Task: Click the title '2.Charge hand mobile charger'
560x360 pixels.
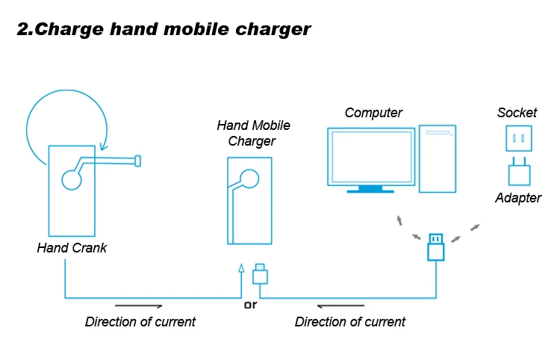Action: point(163,31)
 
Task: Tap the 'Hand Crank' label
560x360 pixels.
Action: point(72,248)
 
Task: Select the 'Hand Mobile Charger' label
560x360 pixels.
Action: point(253,133)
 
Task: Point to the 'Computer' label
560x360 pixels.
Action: point(373,114)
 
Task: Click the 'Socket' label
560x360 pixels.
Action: point(517,114)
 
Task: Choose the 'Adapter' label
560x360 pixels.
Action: point(517,198)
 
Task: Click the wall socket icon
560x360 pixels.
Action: point(517,139)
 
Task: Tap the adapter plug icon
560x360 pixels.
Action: point(518,173)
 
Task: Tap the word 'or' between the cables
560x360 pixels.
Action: point(250,305)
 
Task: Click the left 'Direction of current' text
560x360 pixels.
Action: point(140,322)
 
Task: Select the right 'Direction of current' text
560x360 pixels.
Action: point(350,322)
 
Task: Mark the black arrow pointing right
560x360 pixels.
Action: point(139,305)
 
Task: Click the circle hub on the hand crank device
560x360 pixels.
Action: point(71,179)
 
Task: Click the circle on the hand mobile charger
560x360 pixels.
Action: point(249,178)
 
